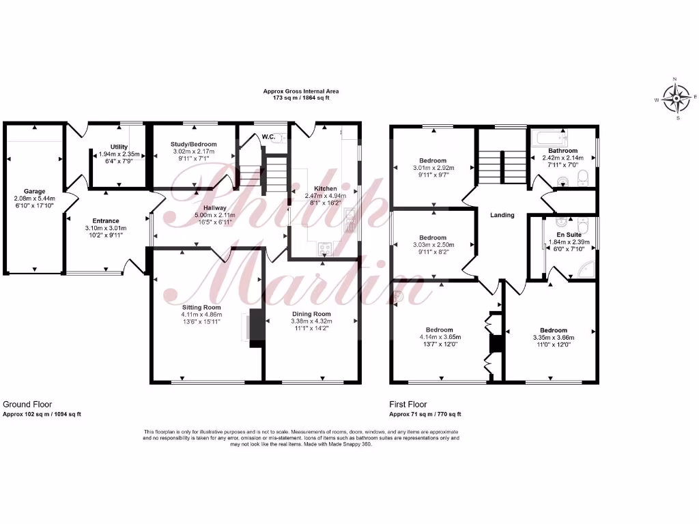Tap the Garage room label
(34, 192)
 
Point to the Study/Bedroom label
(194, 145)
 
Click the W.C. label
(268, 136)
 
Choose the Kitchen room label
(325, 188)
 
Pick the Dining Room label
(309, 312)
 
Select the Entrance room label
(106, 221)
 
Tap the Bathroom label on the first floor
(562, 151)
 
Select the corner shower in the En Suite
(584, 270)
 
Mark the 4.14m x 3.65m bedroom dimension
(440, 337)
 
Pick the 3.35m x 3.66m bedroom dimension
(553, 337)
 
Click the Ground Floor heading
(27, 405)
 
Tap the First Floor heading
(408, 405)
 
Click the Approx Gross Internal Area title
(301, 91)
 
